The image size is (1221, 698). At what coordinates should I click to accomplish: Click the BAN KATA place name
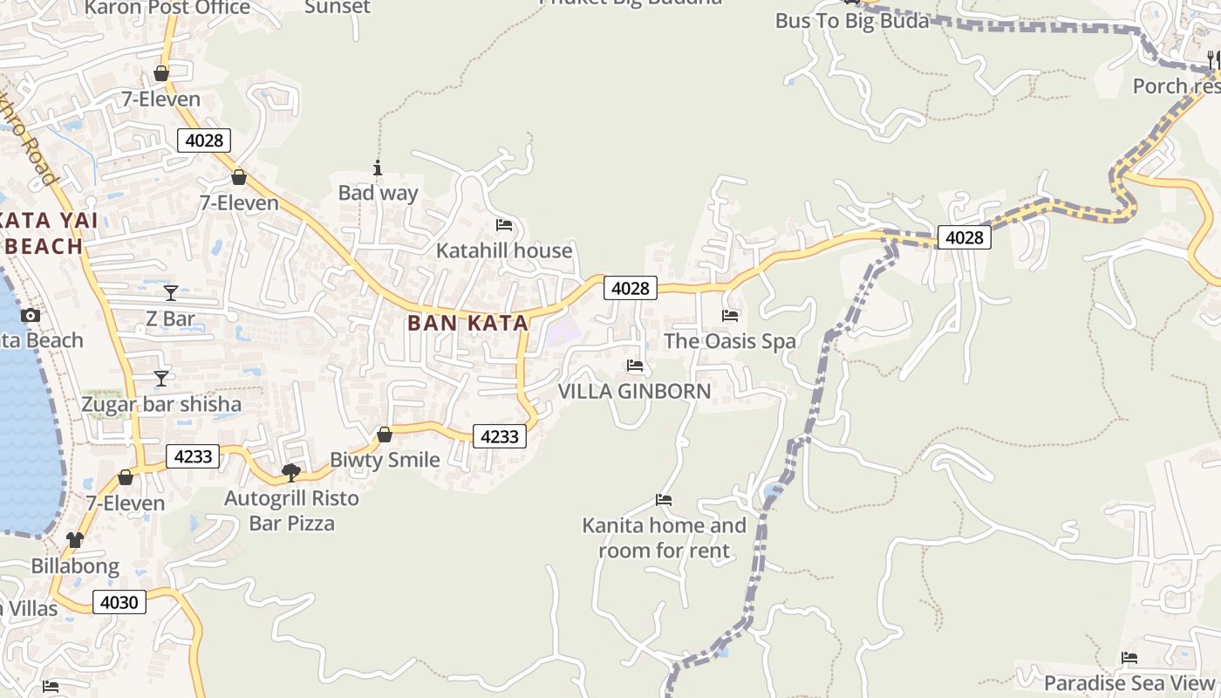(x=467, y=324)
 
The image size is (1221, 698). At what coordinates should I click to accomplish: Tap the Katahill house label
(x=504, y=251)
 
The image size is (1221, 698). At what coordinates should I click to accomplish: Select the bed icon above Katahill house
(x=504, y=225)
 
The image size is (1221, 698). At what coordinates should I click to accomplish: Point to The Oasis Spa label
(x=730, y=341)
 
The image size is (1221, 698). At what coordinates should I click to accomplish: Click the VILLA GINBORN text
(x=634, y=392)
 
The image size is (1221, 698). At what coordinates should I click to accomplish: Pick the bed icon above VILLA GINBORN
(x=635, y=366)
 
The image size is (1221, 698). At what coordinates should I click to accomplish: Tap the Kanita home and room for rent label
(x=664, y=537)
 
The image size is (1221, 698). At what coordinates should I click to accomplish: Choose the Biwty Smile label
(x=385, y=460)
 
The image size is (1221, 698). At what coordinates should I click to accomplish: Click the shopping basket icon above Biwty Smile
(x=385, y=434)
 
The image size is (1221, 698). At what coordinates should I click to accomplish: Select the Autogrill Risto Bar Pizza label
(x=291, y=511)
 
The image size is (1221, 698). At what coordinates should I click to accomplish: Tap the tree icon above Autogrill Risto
(x=291, y=473)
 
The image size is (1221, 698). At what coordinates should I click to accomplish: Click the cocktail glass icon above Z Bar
(x=170, y=292)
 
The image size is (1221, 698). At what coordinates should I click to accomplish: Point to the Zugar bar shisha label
(x=161, y=405)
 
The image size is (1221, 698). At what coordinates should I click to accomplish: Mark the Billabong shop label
(x=75, y=566)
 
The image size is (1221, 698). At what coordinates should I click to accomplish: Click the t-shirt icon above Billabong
(x=75, y=540)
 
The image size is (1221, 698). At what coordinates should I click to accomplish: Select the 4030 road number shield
(x=119, y=602)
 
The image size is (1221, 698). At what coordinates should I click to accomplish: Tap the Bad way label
(x=378, y=193)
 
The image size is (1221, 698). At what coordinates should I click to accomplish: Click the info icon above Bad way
(x=378, y=168)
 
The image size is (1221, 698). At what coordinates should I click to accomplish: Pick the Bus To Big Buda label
(x=852, y=21)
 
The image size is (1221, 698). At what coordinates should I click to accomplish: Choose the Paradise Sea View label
(x=1129, y=683)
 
